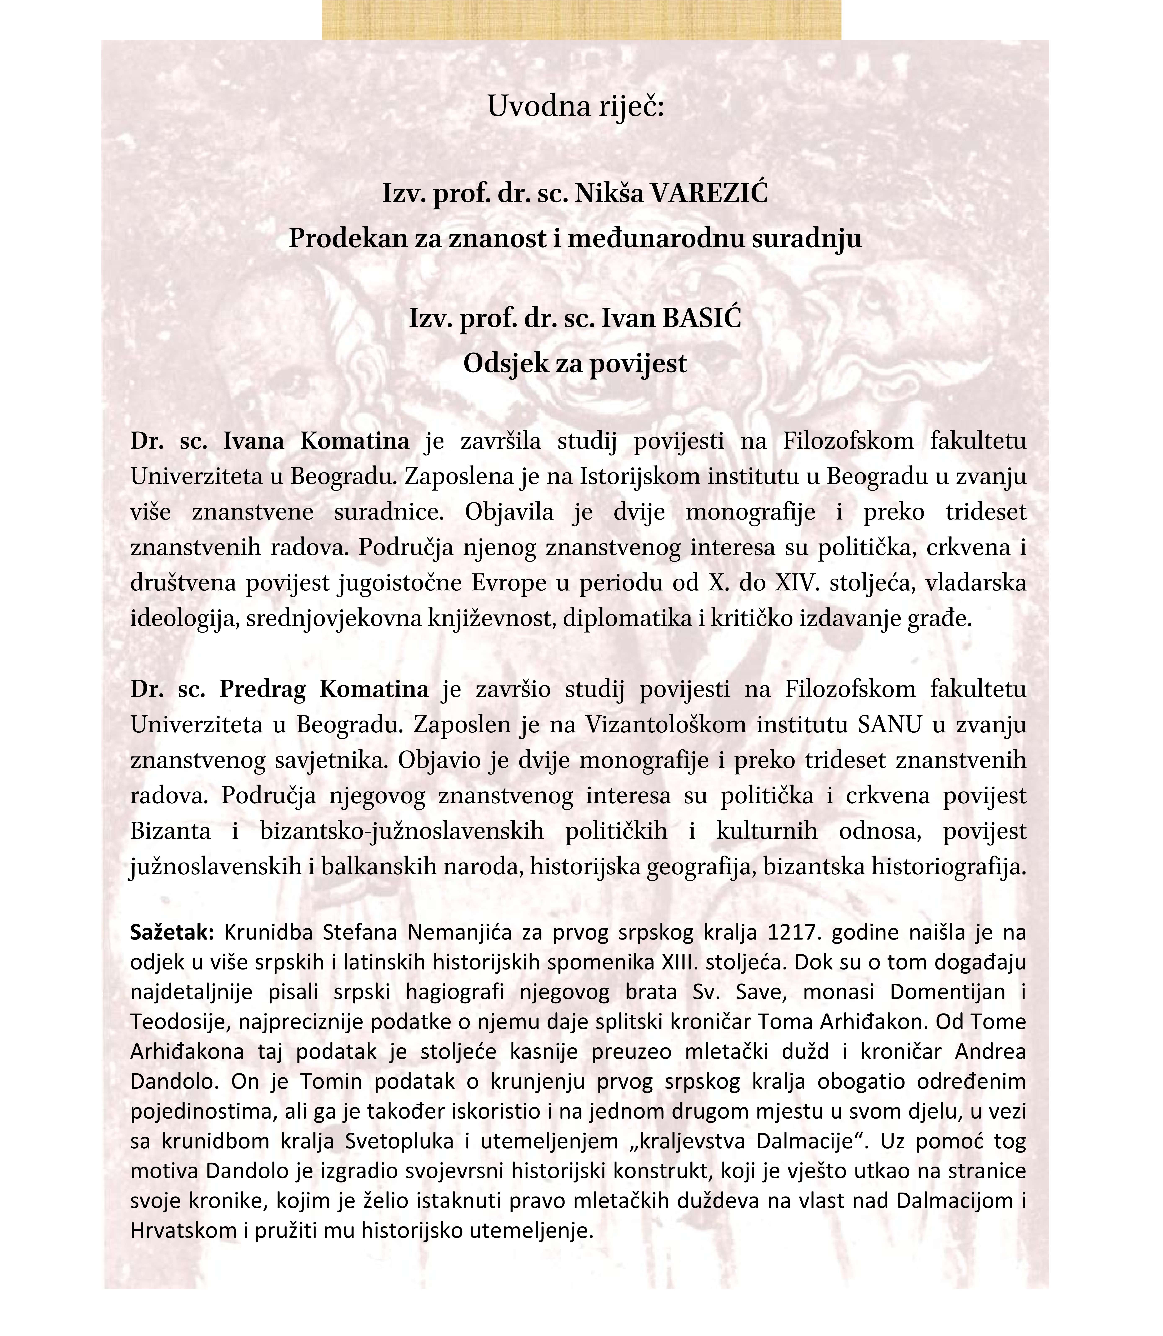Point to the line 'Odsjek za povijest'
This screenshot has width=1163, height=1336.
click(575, 363)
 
